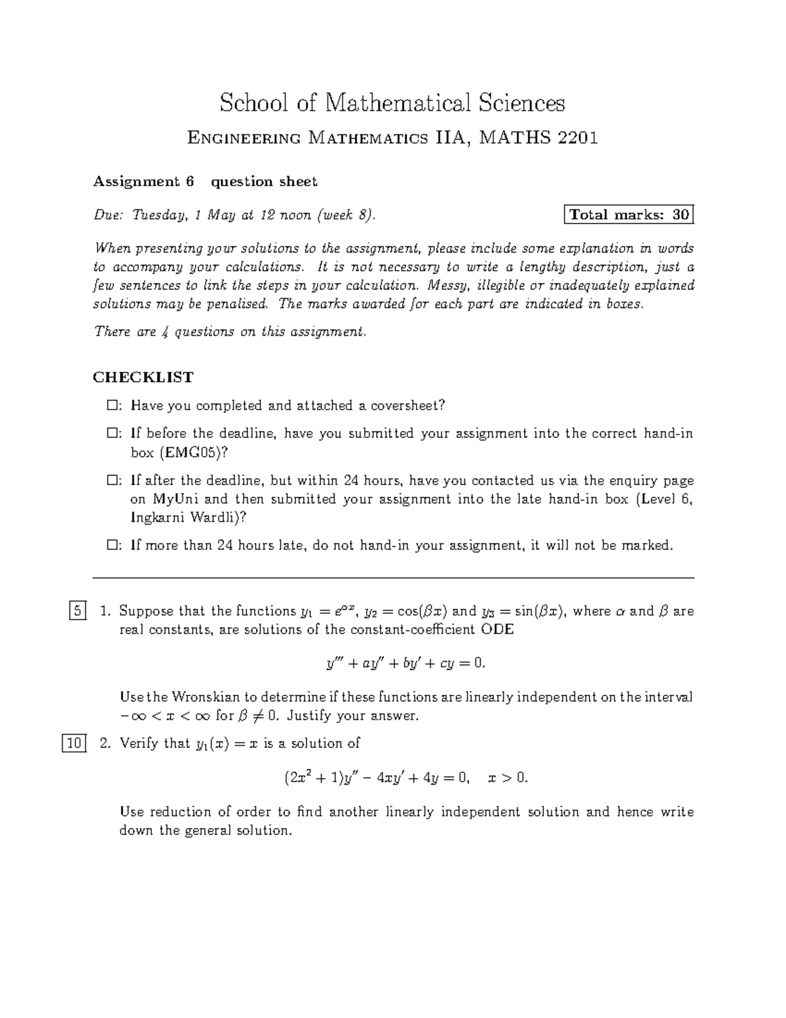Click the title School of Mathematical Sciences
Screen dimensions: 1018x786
[x=392, y=103]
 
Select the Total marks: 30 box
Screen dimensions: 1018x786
[x=628, y=214]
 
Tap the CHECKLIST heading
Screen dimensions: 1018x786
[x=143, y=377]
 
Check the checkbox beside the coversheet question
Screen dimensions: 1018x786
[x=111, y=406]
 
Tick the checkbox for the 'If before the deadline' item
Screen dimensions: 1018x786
[x=111, y=434]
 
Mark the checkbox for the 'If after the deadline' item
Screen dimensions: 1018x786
[x=111, y=481]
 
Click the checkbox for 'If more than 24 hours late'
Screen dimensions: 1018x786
[x=111, y=545]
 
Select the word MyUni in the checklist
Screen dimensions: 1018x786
[x=173, y=499]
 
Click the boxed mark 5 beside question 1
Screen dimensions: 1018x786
[x=77, y=612]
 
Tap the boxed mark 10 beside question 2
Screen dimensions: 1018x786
[x=74, y=743]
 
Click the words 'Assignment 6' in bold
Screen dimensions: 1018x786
[x=143, y=182]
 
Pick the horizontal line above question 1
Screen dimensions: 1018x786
[x=393, y=578]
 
